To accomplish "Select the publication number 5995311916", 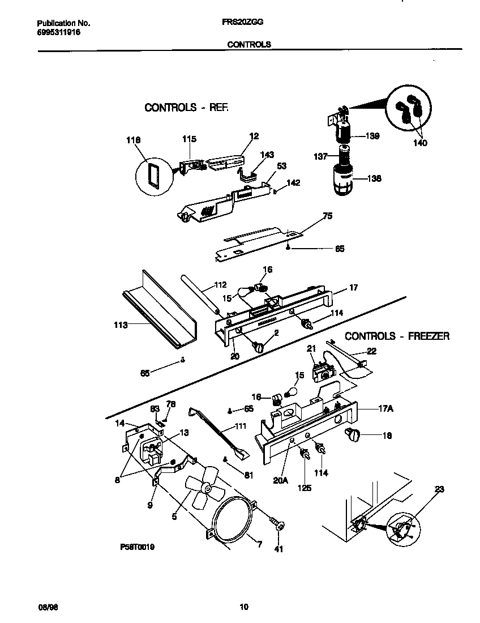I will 58,33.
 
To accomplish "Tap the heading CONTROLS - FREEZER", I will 397,336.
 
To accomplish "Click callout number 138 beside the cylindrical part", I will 374,178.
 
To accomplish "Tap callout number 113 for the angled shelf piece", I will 120,325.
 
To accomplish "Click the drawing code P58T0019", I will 138,548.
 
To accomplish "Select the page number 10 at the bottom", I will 244,608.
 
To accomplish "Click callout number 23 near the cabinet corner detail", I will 439,489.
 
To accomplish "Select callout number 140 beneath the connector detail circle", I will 419,143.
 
